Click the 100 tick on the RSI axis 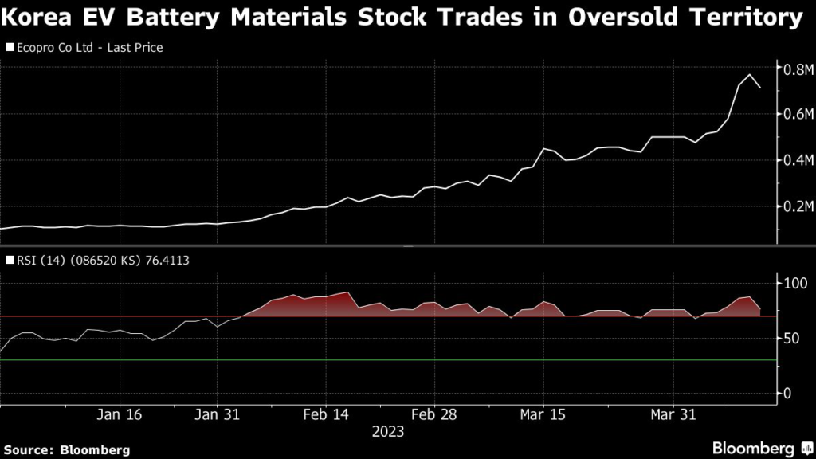click(797, 284)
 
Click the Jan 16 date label click(120, 414)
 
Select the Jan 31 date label click(218, 414)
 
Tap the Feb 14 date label click(327, 414)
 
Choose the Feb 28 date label click(435, 414)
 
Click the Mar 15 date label click(543, 414)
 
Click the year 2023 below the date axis click(388, 432)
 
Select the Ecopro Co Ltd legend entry click(84, 48)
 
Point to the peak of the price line click(750, 75)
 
